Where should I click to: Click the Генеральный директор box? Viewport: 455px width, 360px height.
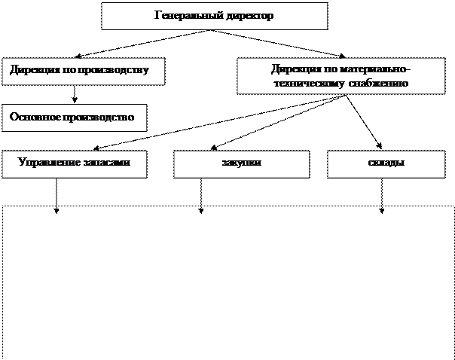pos(214,16)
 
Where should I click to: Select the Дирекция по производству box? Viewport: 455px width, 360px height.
pos(83,71)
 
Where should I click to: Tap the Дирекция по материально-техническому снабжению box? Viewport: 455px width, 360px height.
pos(341,76)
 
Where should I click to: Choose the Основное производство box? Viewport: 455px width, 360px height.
pos(74,117)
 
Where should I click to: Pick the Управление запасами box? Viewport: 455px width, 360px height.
pos(73,163)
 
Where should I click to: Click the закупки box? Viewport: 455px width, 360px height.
pos(241,164)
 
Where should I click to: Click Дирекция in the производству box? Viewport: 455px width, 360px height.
pos(33,71)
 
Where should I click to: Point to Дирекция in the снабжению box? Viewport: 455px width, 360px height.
pos(295,69)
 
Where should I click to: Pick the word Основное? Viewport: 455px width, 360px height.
pos(35,117)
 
